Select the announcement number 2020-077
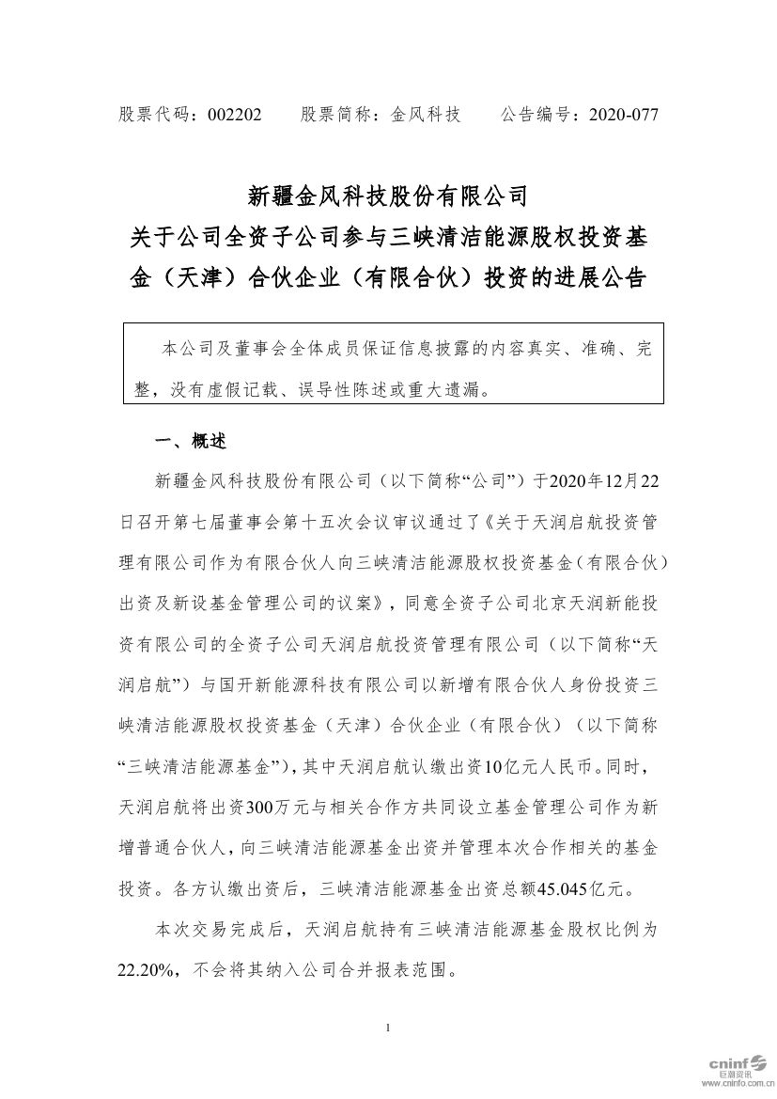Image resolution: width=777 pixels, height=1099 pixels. click(x=623, y=115)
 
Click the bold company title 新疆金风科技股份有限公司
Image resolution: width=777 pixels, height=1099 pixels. click(x=388, y=196)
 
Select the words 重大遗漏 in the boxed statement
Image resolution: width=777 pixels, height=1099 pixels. click(x=445, y=387)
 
